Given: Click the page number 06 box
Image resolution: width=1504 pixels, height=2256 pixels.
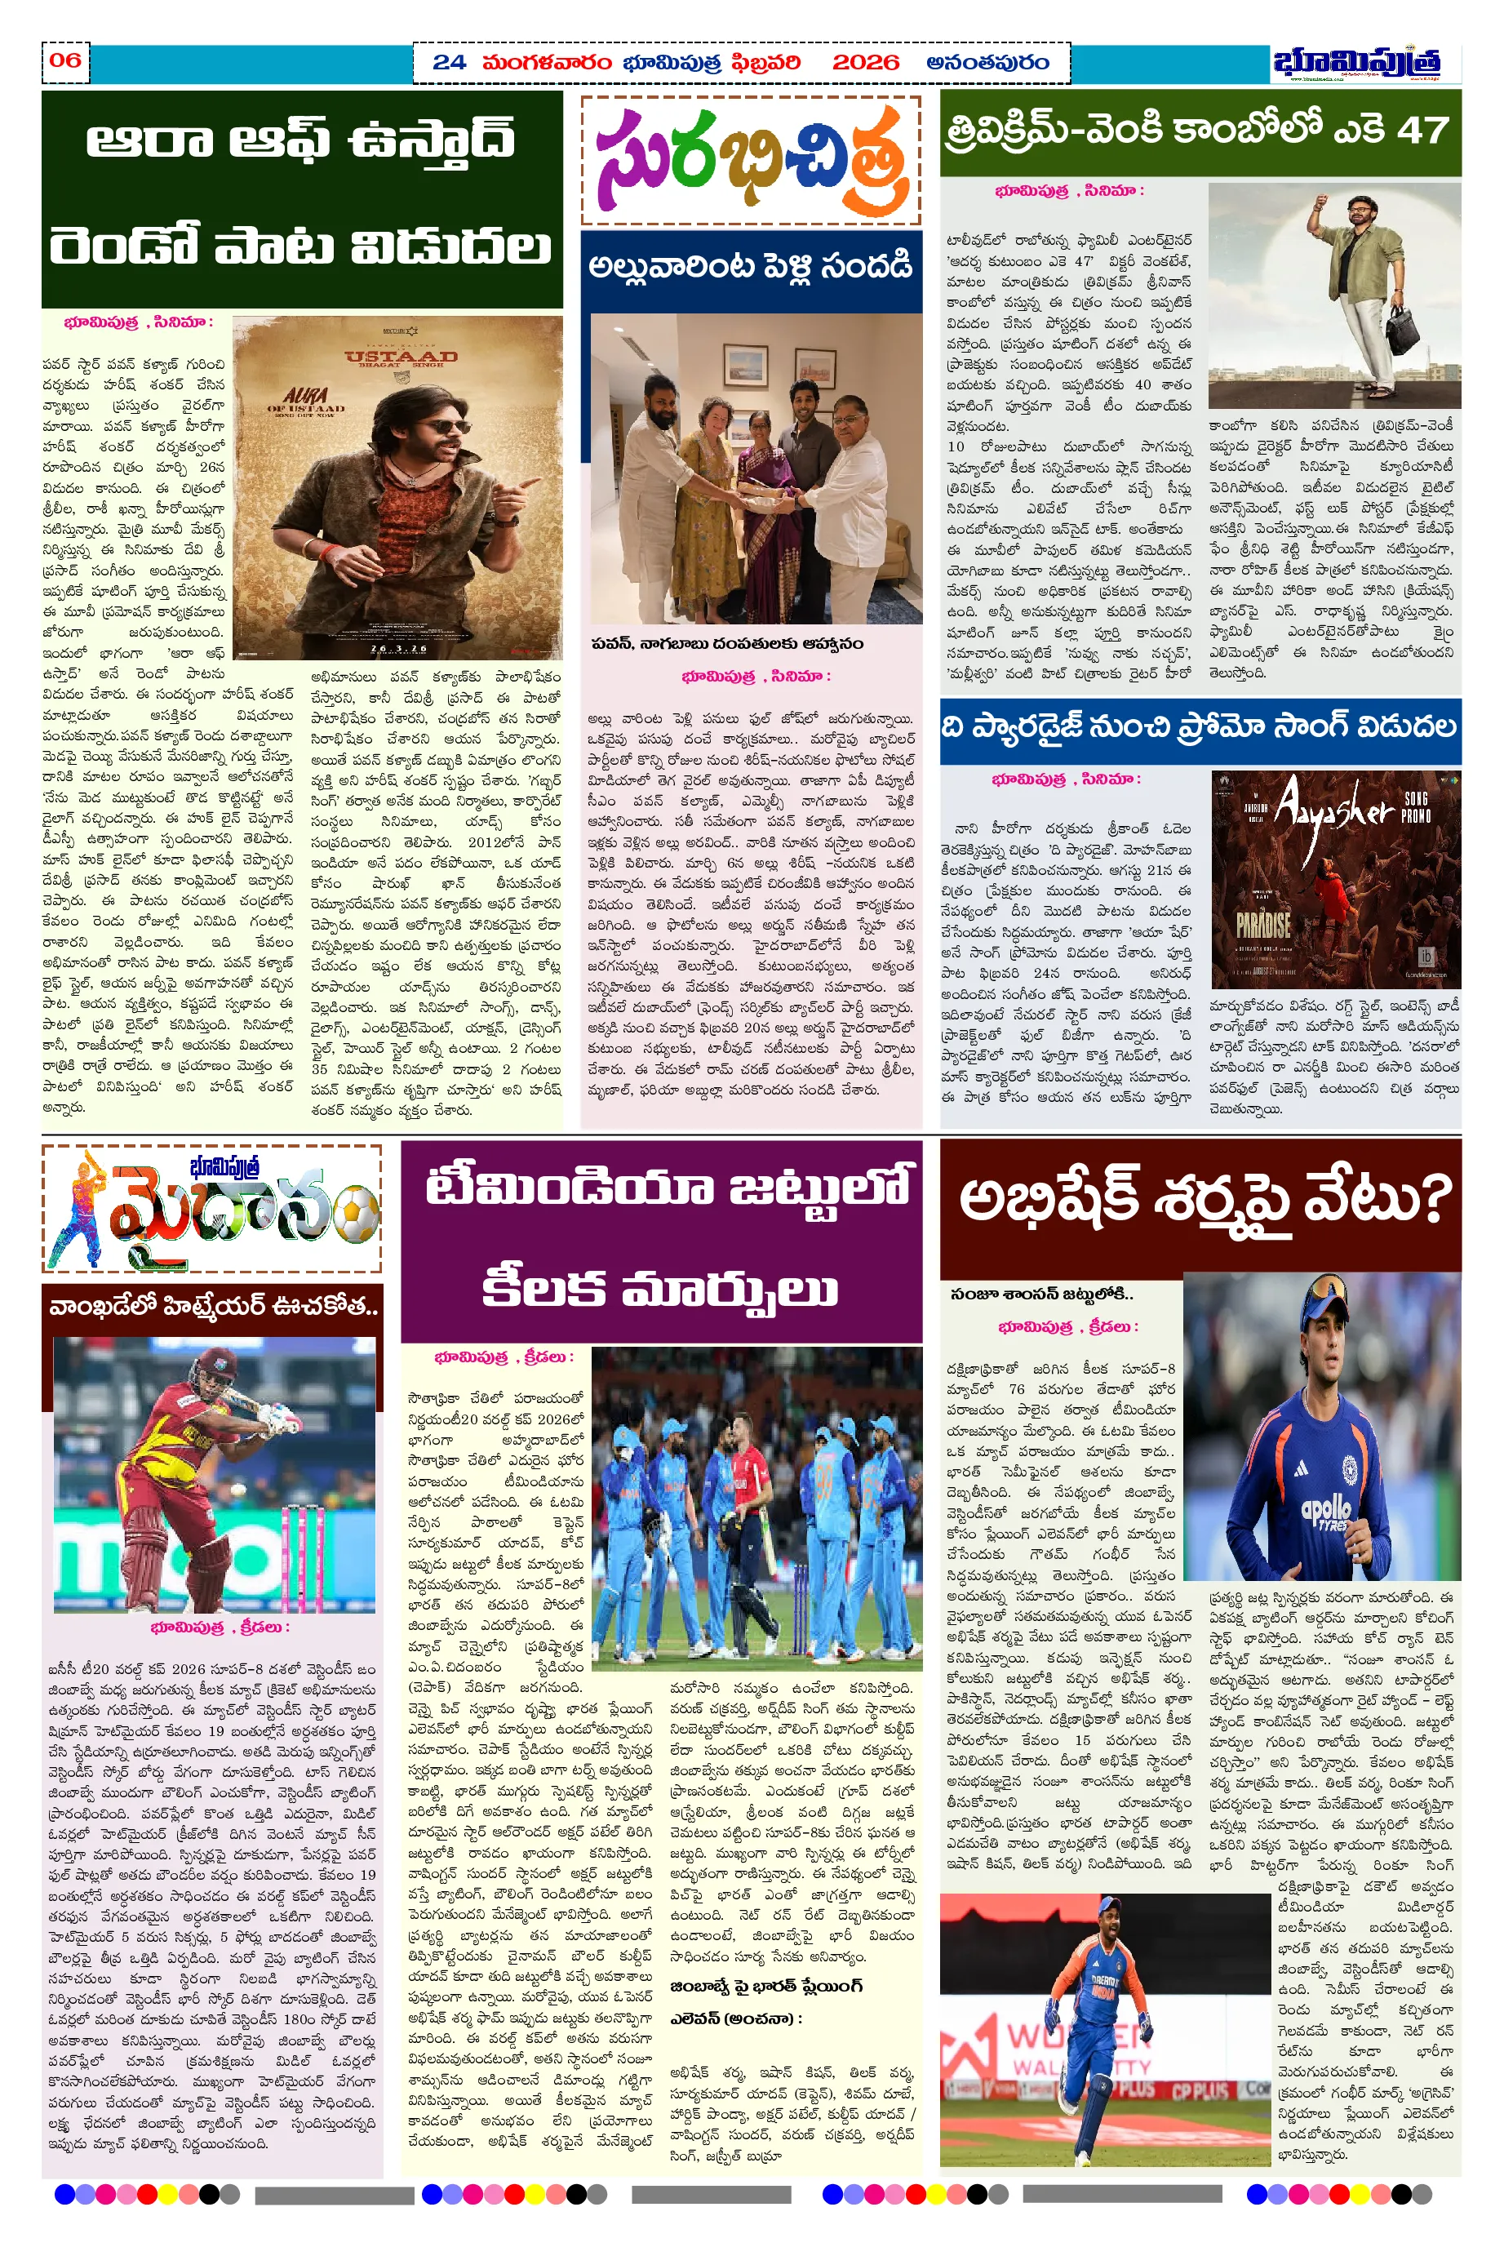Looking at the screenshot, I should [x=65, y=61].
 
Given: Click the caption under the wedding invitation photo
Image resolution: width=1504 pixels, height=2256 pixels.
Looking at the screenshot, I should [x=726, y=644].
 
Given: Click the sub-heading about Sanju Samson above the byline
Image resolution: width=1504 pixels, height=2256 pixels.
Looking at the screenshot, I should [x=1041, y=1295].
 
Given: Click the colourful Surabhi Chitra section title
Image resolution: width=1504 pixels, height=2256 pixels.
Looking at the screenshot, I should [x=751, y=161].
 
